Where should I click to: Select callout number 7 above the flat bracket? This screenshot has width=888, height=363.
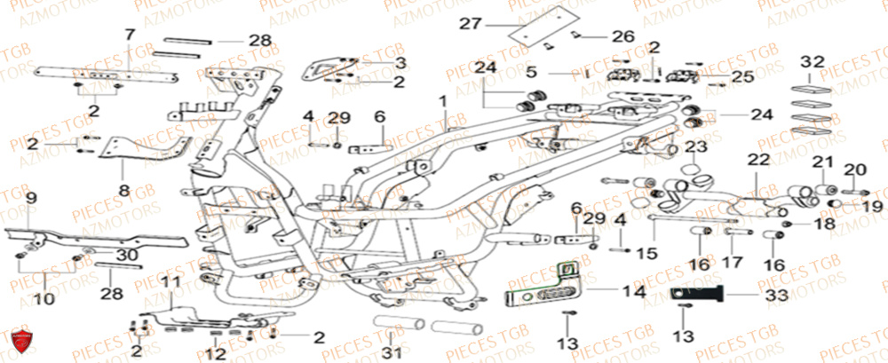tap(130, 36)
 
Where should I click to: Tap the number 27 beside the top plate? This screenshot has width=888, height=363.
tap(471, 23)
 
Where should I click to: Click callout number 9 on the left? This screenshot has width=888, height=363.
tap(29, 197)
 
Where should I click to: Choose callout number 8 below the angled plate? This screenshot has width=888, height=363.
tap(123, 190)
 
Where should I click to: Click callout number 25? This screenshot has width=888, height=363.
tap(743, 78)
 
